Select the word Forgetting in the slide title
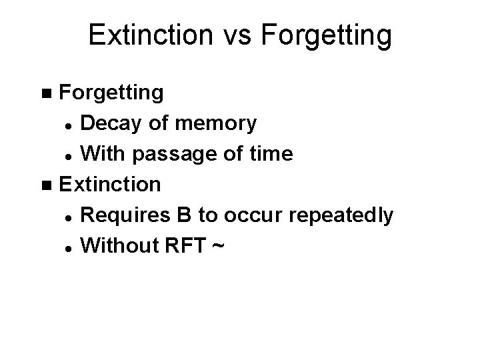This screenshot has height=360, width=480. [x=327, y=37]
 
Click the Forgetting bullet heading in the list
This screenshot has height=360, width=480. [x=111, y=93]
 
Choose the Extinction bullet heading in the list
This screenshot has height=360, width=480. [x=110, y=184]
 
